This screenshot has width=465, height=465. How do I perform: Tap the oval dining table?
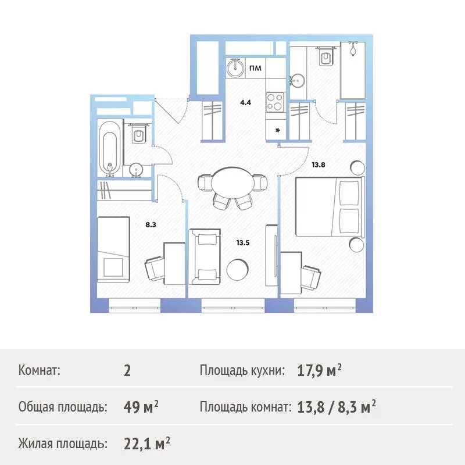pyautogui.click(x=232, y=183)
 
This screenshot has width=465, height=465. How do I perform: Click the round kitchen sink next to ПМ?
pyautogui.click(x=235, y=69)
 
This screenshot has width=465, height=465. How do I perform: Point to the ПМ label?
pyautogui.click(x=255, y=69)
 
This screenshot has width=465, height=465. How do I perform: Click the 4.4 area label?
pyautogui.click(x=245, y=103)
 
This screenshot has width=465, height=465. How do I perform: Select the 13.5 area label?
pyautogui.click(x=242, y=243)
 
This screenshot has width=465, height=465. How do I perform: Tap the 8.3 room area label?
pyautogui.click(x=151, y=223)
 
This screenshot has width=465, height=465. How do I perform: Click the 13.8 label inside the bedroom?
pyautogui.click(x=318, y=164)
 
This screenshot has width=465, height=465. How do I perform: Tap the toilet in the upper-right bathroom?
pyautogui.click(x=325, y=56)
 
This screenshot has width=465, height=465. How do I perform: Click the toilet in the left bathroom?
pyautogui.click(x=139, y=135)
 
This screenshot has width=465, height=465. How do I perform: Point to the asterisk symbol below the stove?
pyautogui.click(x=277, y=130)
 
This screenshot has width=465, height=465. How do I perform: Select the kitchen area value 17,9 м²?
pyautogui.click(x=319, y=370)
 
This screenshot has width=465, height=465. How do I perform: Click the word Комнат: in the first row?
pyautogui.click(x=40, y=370)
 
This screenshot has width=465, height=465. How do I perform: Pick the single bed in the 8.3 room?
pyautogui.click(x=112, y=247)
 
